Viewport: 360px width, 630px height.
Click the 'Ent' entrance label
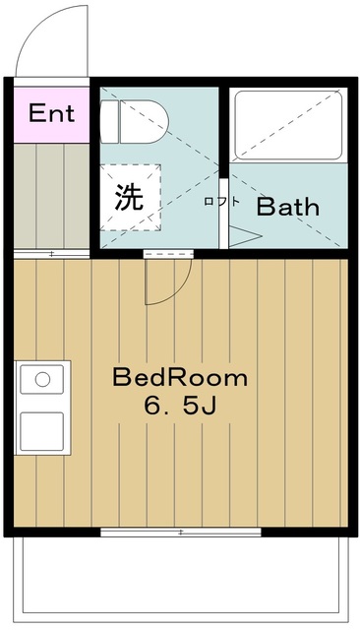[51, 113]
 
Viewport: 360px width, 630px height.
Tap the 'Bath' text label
[288, 207]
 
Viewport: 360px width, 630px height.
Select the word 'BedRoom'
[180, 378]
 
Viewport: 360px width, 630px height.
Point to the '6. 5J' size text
[181, 407]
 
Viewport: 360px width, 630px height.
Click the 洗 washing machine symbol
[130, 197]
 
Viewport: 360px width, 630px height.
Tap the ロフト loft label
[221, 201]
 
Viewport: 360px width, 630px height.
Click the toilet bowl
[144, 122]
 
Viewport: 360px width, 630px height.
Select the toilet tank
[109, 122]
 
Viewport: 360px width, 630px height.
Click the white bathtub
[288, 125]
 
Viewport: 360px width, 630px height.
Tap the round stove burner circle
[42, 379]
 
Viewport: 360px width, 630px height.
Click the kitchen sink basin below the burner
[41, 431]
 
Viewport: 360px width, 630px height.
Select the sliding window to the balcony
[181, 532]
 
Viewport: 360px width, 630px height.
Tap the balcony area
[180, 579]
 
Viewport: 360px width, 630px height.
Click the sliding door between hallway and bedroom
[51, 254]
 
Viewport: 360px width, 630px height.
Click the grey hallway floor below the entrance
[51, 196]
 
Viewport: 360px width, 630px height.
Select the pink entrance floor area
[51, 114]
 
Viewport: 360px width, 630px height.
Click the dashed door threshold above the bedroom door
[168, 254]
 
